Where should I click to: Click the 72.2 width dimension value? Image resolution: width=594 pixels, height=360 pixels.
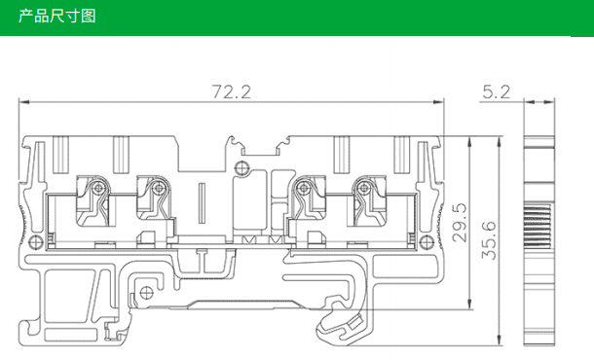click(x=231, y=92)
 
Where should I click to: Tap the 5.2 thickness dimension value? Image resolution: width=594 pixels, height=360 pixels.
click(x=497, y=92)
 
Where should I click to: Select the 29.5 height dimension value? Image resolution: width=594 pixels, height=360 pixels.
click(x=460, y=223)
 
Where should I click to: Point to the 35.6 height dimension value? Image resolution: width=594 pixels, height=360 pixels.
click(x=489, y=240)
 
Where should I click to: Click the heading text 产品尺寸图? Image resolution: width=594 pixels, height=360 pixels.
click(x=57, y=17)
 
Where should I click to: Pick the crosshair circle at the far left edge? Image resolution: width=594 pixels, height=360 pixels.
click(x=36, y=241)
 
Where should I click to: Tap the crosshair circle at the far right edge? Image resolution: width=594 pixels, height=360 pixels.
click(x=427, y=241)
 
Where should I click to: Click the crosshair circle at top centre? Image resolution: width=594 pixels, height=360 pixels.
click(x=241, y=167)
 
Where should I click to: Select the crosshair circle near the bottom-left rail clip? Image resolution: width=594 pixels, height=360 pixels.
click(x=147, y=293)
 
